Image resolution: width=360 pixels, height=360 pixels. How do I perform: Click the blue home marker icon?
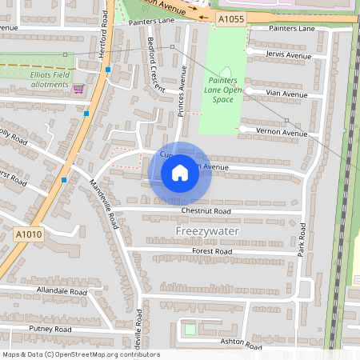180,173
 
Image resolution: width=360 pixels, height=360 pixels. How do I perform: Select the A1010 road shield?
28,234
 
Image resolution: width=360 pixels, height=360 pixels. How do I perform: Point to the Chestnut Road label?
206,211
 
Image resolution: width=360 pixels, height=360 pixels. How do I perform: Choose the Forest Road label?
212,251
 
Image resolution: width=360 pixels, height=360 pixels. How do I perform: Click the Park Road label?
302,240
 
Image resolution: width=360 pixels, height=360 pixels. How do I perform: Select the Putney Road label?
50,329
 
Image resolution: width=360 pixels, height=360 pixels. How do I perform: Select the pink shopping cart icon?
78,89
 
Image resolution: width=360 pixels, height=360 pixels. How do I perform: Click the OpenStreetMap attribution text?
81,354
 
